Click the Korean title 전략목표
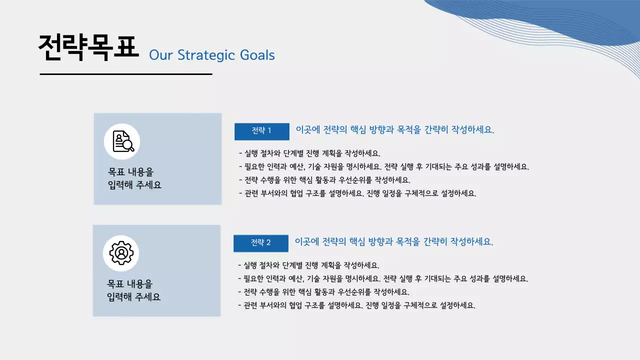coord(88,48)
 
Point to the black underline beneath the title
coord(126,74)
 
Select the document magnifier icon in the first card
coord(122,141)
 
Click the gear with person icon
coord(121,253)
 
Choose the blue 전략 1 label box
coord(262,131)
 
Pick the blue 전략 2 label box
coord(261,243)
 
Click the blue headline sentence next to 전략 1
coord(395,130)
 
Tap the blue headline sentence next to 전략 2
coord(394,242)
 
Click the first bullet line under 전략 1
coord(309,153)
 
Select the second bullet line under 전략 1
coord(383,167)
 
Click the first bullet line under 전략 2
coord(308,265)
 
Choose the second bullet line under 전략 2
coord(382,279)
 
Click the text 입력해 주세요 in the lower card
coord(134,297)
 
